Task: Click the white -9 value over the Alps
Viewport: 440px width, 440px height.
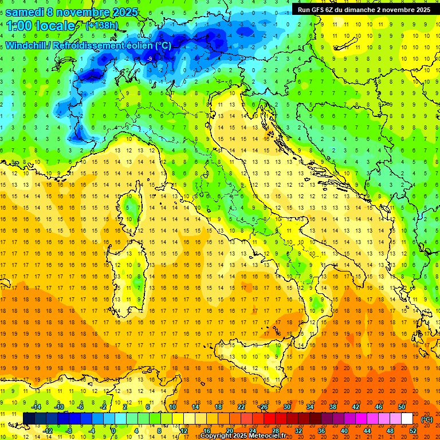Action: click(150, 59)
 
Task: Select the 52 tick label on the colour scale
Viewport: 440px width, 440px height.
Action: click(413, 431)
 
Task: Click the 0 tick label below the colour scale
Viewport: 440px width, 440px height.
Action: click(113, 431)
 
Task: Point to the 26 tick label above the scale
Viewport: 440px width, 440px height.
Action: click(264, 406)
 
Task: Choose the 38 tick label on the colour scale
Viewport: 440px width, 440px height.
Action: click(332, 406)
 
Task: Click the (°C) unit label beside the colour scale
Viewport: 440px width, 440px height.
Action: click(427, 419)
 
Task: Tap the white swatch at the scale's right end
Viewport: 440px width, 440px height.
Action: click(407, 418)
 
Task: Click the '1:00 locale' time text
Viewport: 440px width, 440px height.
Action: click(40, 26)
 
